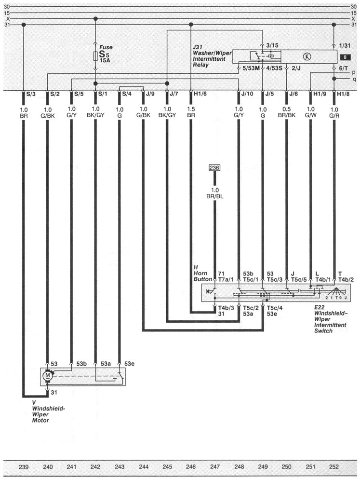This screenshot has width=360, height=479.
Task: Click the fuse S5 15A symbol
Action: [95, 56]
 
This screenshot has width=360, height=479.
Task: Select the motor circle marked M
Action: [47, 374]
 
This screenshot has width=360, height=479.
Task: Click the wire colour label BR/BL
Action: [215, 197]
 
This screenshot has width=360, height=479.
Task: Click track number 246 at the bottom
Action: [191, 467]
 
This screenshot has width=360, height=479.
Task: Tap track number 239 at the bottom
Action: [24, 467]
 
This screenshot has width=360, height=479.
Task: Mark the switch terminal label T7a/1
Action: [225, 279]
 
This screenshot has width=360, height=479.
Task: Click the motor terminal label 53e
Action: [129, 363]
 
